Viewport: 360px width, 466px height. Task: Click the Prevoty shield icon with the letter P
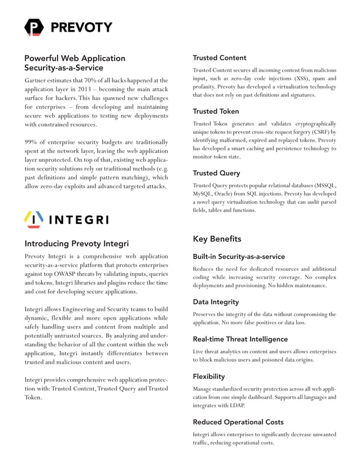[33, 27]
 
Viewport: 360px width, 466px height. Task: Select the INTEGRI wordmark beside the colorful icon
[80, 219]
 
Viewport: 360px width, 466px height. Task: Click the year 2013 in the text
[84, 89]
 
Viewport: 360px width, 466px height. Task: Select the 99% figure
[32, 142]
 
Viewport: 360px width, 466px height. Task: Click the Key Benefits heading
[217, 239]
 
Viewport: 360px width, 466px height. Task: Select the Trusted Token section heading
[216, 111]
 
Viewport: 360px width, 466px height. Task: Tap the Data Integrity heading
[216, 302]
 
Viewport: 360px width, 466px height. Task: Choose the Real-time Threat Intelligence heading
[240, 339]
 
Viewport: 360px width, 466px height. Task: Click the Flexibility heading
[209, 376]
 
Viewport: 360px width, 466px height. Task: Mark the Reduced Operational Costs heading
[238, 422]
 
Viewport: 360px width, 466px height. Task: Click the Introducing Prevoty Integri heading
[77, 244]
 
